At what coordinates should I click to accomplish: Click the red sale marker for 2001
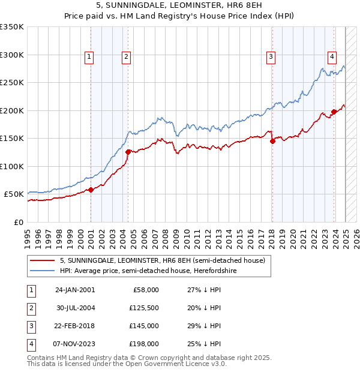tap(91, 190)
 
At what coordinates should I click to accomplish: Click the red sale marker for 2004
tap(128, 152)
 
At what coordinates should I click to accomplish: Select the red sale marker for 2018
tap(272, 142)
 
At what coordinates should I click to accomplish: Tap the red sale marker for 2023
tap(334, 112)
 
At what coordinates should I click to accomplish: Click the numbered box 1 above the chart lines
tap(89, 57)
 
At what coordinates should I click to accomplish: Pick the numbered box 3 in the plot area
tap(271, 57)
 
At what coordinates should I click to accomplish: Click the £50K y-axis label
tap(14, 194)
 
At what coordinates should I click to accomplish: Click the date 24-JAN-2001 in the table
tap(74, 290)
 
